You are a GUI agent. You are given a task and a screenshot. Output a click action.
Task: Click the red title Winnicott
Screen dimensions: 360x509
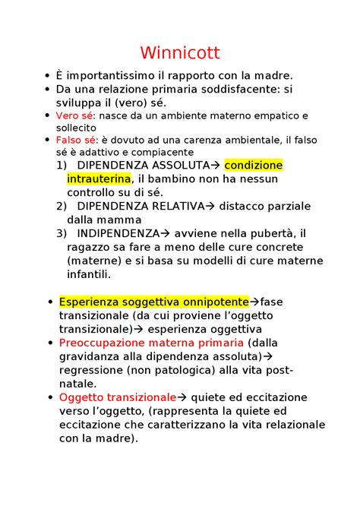(x=179, y=53)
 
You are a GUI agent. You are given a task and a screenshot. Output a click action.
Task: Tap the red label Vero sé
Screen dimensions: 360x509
(x=72, y=115)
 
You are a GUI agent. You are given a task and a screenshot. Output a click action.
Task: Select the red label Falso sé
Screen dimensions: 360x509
(x=74, y=141)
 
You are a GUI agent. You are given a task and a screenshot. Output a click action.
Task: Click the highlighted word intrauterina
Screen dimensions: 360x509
(x=99, y=179)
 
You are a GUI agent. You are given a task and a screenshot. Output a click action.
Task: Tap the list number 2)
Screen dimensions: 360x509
(x=62, y=206)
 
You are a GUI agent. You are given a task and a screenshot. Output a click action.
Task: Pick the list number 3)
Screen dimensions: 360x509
(x=62, y=233)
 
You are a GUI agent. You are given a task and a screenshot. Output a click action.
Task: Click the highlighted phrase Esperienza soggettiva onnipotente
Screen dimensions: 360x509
(x=153, y=302)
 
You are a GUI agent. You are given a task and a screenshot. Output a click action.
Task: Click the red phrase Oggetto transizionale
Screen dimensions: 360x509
(x=117, y=397)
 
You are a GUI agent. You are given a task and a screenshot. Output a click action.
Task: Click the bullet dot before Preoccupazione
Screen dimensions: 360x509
(x=49, y=343)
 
